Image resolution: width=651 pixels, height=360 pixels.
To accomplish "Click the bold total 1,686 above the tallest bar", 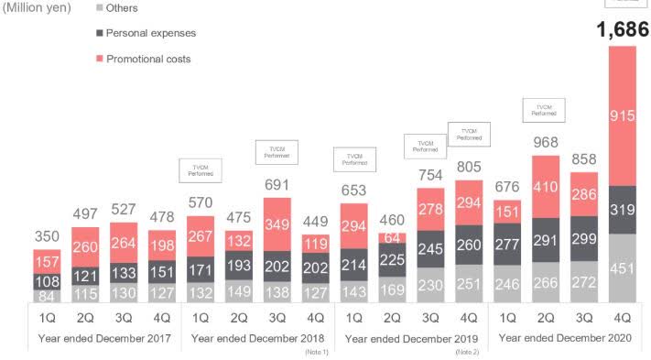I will pyautogui.click(x=622, y=30).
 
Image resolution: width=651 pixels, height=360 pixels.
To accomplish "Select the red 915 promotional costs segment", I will pyautogui.click(x=622, y=115).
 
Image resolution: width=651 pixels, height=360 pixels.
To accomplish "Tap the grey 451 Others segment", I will pyautogui.click(x=622, y=267).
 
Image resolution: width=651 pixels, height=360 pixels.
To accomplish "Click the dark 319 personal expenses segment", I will pyautogui.click(x=622, y=209).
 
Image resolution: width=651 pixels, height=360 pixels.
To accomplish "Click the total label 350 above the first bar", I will pyautogui.click(x=47, y=235).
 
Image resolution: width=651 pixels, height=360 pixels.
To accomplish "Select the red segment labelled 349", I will pyautogui.click(x=277, y=223).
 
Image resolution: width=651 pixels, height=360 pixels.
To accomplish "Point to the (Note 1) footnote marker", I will pyautogui.click(x=316, y=352).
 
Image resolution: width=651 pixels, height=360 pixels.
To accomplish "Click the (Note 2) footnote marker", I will pyautogui.click(x=468, y=352).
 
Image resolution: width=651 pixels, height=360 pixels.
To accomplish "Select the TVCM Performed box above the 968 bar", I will pyautogui.click(x=544, y=110).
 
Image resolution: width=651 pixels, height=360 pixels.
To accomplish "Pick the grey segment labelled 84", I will pyautogui.click(x=47, y=295).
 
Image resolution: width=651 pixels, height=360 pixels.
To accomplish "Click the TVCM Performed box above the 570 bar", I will pyautogui.click(x=200, y=169).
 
